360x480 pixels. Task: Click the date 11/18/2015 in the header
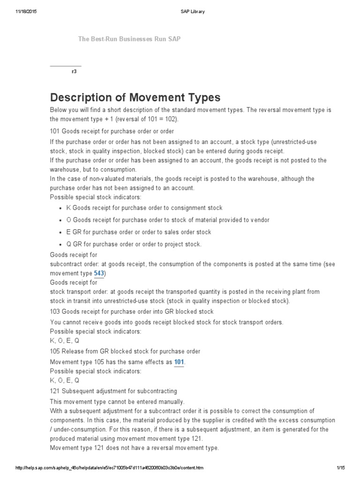pos(26,12)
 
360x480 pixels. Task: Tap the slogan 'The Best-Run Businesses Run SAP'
pos(129,39)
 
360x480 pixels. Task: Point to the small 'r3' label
pos(74,72)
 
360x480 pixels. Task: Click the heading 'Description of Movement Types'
pos(135,97)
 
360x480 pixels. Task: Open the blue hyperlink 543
pos(99,273)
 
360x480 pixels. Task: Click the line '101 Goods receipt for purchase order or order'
pos(112,131)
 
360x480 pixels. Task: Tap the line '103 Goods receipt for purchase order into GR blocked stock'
pos(132,312)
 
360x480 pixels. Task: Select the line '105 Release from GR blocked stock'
pos(125,351)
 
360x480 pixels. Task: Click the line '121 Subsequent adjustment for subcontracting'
pos(113,391)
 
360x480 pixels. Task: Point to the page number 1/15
pos(340,468)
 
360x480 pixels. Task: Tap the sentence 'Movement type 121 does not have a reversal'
pos(134,448)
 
